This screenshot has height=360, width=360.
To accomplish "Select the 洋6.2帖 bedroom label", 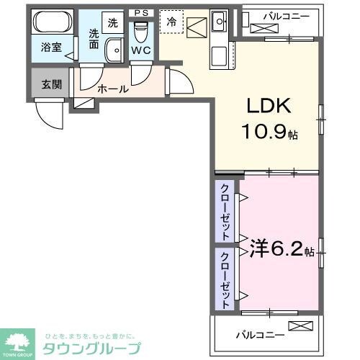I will [x=282, y=250].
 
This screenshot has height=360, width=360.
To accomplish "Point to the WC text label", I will [x=140, y=52].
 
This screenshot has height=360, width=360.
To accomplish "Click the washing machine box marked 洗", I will [x=112, y=22].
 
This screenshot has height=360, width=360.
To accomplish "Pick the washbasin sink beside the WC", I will [x=114, y=50].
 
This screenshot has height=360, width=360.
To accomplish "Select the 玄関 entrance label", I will [x=51, y=84].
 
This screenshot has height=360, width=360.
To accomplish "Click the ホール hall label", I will [x=113, y=89].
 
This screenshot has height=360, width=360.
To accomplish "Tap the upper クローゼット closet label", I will [x=225, y=213].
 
